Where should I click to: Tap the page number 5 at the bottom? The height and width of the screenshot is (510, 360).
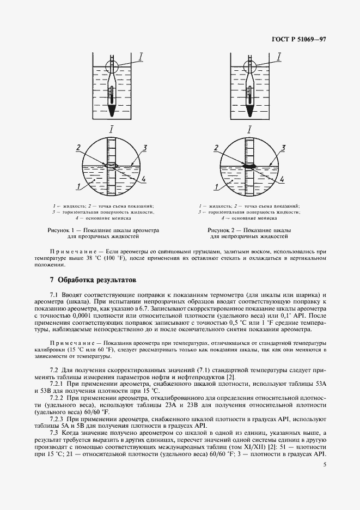click(x=325, y=465)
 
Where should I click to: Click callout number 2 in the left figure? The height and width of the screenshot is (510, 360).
click(x=78, y=147)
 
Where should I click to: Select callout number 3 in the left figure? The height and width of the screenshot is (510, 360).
click(x=145, y=148)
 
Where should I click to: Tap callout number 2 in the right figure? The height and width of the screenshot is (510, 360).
click(x=216, y=148)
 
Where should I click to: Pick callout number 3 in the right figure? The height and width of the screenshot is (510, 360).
click(x=283, y=148)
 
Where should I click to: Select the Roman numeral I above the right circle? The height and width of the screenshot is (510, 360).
click(x=249, y=129)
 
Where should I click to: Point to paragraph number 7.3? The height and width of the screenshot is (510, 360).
click(x=54, y=433)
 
